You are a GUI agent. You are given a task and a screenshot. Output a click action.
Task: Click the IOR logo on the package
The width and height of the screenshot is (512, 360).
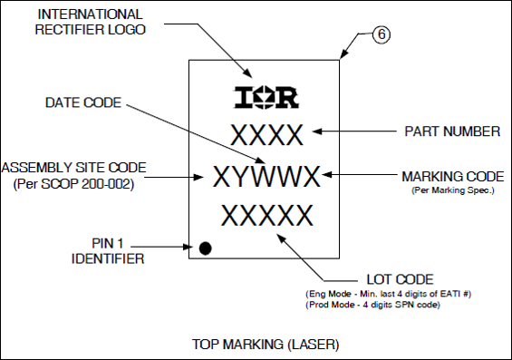coord(266,96)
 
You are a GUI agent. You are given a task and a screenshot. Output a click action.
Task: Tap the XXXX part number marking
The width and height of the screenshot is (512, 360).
coord(266,135)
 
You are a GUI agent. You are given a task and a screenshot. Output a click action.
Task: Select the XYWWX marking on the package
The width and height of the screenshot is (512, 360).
coord(267,175)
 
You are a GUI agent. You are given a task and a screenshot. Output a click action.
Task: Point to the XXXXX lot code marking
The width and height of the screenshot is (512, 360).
coord(266,216)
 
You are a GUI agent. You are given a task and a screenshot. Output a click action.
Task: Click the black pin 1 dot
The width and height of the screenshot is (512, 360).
coord(206,248)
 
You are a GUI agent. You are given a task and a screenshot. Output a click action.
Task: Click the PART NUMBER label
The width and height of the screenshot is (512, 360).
coord(450,131)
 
